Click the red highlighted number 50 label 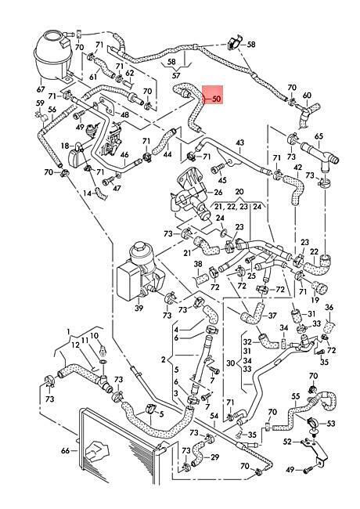coord(216,99)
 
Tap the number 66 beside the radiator coord(65,450)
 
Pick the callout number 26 coord(218,192)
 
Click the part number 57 coord(176,76)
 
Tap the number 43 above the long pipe coord(239,143)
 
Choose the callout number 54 coord(214,416)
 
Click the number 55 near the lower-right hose coord(296,396)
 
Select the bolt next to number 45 coord(218,168)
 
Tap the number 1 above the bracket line coord(68,331)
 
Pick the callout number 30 coord(230,363)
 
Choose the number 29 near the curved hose coord(214,457)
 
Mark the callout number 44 coord(167,154)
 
